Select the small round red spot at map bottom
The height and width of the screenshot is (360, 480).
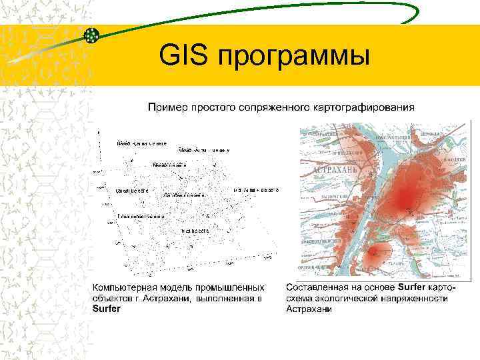376,254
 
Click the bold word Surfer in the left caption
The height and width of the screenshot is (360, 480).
106,309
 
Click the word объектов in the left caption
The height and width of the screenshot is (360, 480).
113,299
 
